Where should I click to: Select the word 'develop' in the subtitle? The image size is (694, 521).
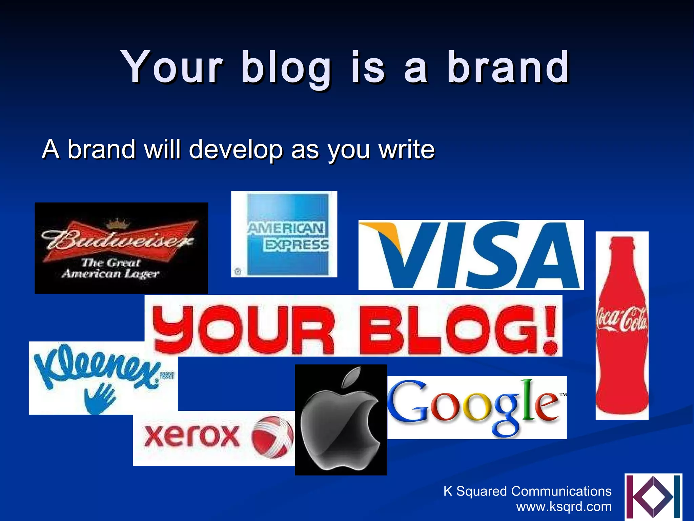click(236, 150)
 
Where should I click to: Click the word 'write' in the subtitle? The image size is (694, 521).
click(407, 149)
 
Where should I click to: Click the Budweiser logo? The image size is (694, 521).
click(121, 248)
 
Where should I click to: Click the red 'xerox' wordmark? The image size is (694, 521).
click(191, 436)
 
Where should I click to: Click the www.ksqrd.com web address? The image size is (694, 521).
click(564, 507)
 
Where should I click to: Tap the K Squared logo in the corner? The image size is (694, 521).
click(653, 497)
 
